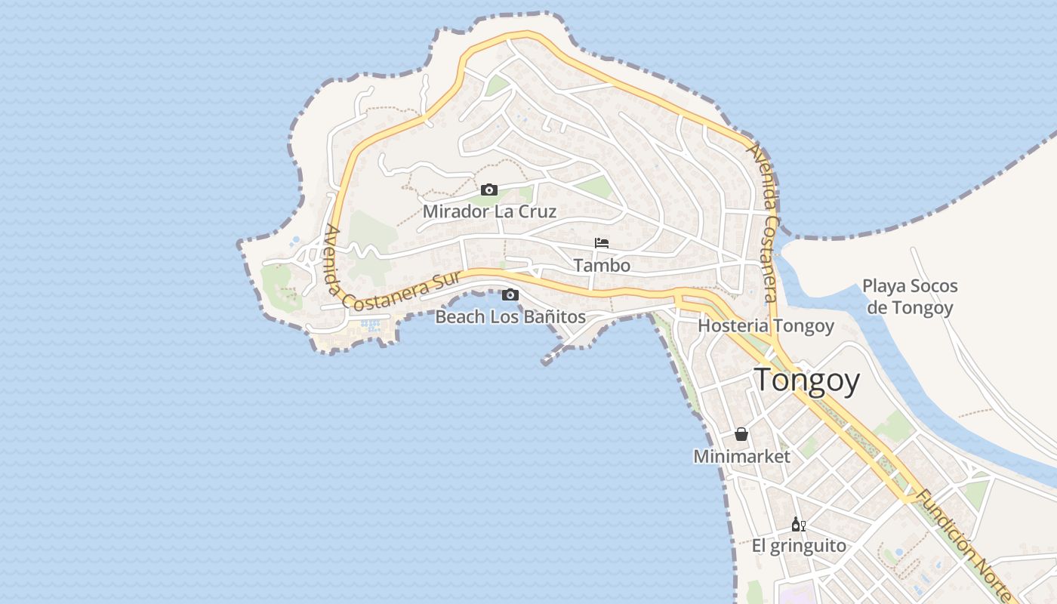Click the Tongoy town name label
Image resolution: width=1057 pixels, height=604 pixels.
[x=807, y=380]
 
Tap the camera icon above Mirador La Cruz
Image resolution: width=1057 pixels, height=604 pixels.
[x=489, y=190]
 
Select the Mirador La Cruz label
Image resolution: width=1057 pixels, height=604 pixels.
[x=489, y=211]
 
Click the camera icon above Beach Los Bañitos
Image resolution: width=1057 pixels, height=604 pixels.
[x=510, y=294]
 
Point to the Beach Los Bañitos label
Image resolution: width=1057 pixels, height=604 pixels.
[x=510, y=316]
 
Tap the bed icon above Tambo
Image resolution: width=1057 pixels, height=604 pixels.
[x=602, y=243]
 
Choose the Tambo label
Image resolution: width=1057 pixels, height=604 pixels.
[x=602, y=266]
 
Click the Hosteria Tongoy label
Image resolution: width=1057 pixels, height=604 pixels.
[x=766, y=326]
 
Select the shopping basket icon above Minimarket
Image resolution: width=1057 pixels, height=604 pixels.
[x=741, y=434]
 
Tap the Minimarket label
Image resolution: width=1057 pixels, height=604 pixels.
[x=741, y=457]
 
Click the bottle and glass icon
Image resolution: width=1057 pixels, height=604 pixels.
[x=798, y=524]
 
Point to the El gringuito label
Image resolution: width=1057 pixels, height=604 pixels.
[x=799, y=546]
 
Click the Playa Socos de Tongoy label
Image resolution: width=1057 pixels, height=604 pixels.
[x=910, y=297]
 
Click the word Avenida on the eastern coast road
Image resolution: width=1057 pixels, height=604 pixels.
[x=757, y=168]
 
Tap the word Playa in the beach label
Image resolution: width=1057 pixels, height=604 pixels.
[x=885, y=287]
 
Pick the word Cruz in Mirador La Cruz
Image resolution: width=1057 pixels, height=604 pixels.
[x=538, y=211]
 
